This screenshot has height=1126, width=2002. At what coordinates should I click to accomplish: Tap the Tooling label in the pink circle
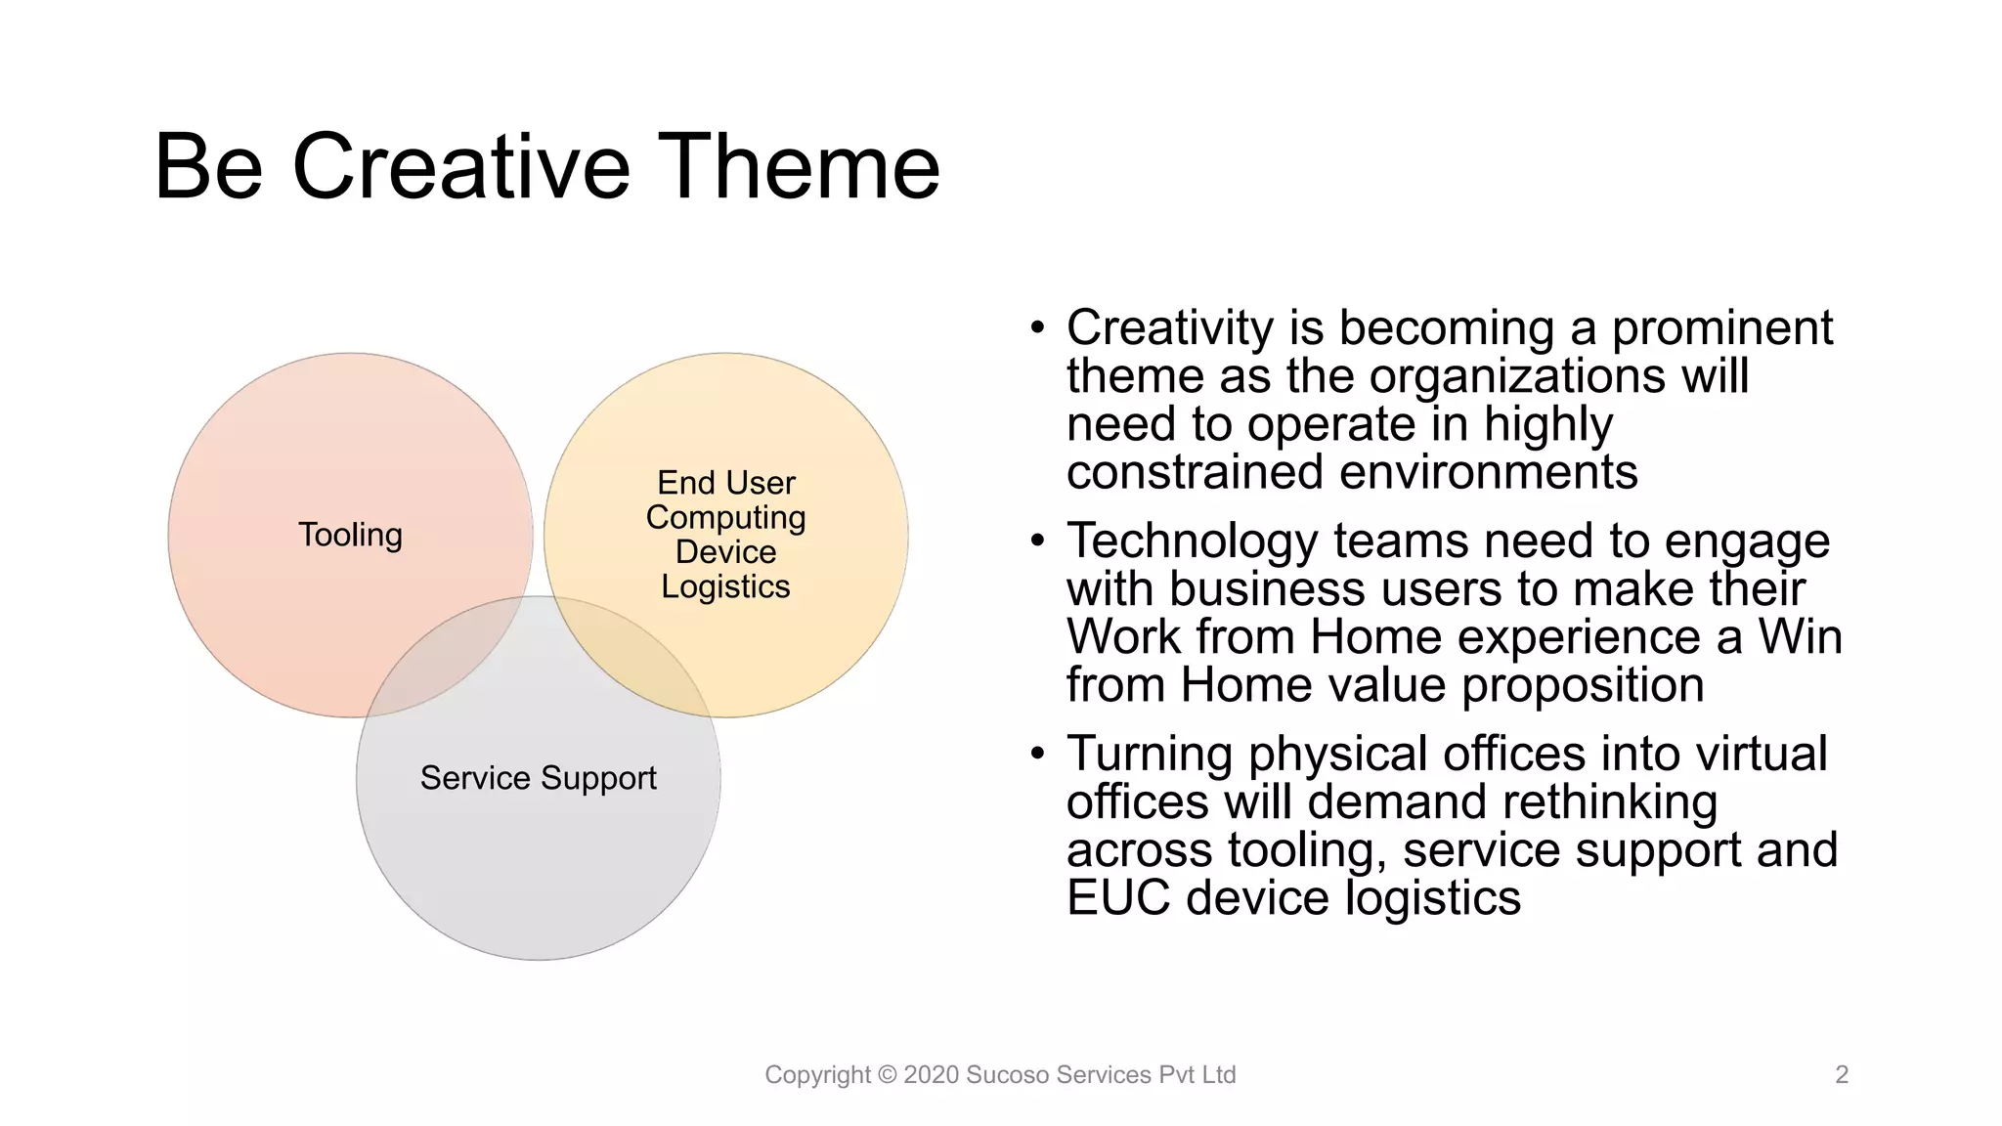pyautogui.click(x=350, y=535)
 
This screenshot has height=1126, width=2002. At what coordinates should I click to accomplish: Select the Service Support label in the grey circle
pyautogui.click(x=538, y=778)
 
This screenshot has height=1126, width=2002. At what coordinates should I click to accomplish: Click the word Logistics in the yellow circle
pyautogui.click(x=725, y=586)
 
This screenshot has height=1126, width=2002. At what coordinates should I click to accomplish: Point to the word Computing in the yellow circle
pyautogui.click(x=725, y=517)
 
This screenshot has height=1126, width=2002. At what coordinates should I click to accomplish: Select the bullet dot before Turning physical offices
pyautogui.click(x=1037, y=752)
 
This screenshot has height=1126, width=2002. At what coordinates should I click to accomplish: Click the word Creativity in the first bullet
pyautogui.click(x=1169, y=328)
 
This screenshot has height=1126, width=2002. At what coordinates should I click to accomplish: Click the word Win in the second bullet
pyautogui.click(x=1800, y=637)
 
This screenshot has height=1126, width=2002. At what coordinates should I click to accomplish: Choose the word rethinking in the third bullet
pyautogui.click(x=1609, y=801)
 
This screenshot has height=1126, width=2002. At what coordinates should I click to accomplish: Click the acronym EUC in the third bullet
pyautogui.click(x=1117, y=897)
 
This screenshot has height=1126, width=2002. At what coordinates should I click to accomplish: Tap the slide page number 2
pyautogui.click(x=1842, y=1075)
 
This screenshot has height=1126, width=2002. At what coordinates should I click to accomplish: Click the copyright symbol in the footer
pyautogui.click(x=887, y=1075)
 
